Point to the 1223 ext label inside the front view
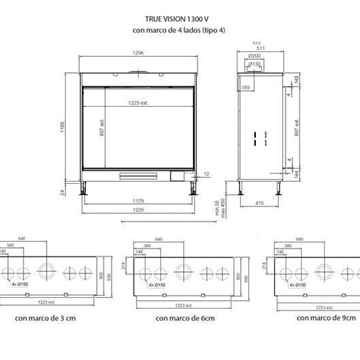[139, 103]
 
